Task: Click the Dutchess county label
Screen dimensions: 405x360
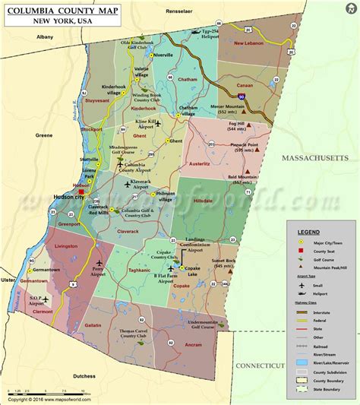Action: click(x=85, y=375)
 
